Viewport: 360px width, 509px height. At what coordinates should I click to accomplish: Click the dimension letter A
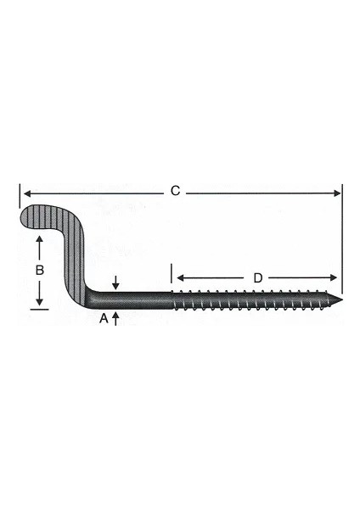pyautogui.click(x=103, y=319)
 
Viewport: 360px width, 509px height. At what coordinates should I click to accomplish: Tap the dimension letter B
pyautogui.click(x=39, y=271)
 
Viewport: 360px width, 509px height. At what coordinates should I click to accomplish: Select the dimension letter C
pyautogui.click(x=175, y=191)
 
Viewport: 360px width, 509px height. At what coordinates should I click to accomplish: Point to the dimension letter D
pyautogui.click(x=257, y=278)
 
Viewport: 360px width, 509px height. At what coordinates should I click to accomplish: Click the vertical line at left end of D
pyautogui.click(x=172, y=274)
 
